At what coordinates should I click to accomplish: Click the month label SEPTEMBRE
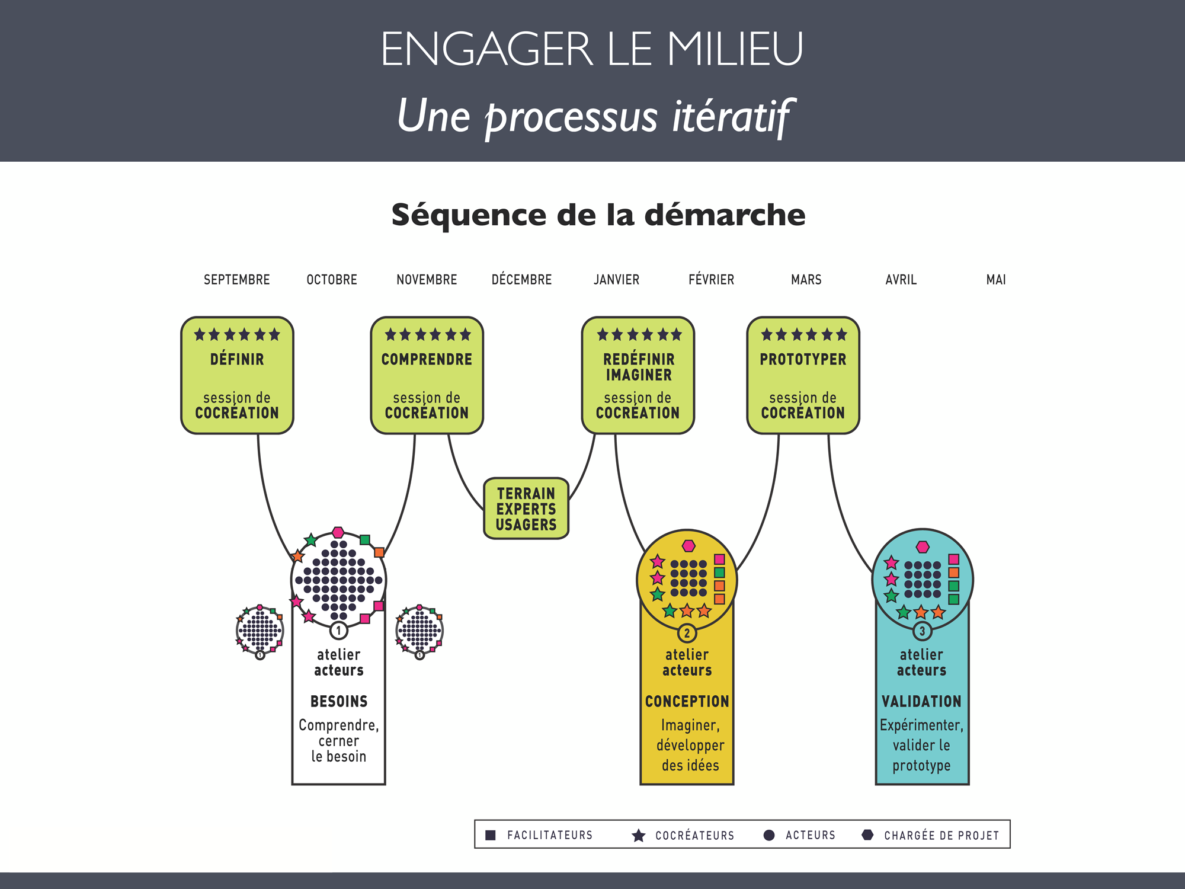236,280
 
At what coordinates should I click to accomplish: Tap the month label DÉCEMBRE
521,280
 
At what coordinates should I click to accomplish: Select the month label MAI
996,280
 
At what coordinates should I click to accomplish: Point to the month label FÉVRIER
711,280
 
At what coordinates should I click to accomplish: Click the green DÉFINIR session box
237,375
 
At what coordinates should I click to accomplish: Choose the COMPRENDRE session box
427,375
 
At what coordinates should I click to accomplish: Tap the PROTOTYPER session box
803,375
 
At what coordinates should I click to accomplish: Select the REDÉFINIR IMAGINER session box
638,375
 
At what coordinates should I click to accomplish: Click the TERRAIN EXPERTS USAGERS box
526,509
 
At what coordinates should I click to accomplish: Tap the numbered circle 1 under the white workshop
338,630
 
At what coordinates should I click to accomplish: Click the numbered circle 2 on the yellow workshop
687,633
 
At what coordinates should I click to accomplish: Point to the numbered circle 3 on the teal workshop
922,631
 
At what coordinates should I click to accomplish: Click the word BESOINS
339,702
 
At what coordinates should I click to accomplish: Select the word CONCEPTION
687,702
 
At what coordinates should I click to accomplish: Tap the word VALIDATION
921,702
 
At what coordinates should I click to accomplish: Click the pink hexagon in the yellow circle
688,546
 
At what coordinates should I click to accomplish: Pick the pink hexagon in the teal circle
923,546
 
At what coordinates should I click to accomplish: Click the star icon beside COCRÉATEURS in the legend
639,836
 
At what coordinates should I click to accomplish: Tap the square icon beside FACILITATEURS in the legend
491,835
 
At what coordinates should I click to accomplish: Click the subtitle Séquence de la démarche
598,215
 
